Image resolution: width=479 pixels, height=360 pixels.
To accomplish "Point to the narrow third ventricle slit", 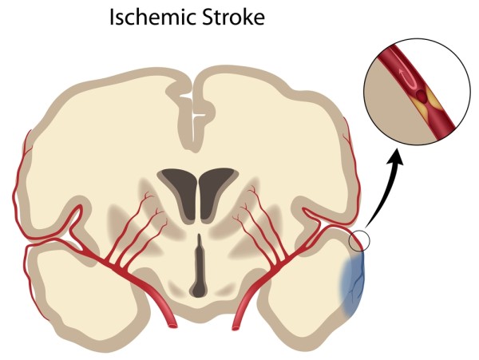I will click(x=196, y=255).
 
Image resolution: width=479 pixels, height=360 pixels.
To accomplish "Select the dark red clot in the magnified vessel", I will click(x=418, y=97).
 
